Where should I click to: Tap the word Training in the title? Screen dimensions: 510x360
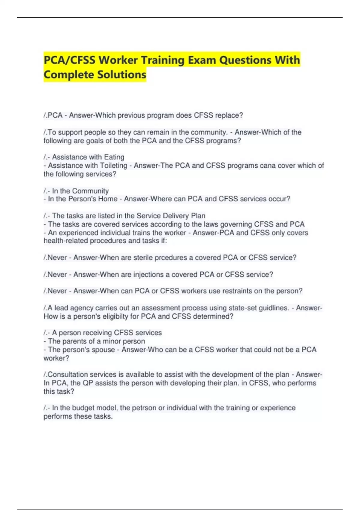[163, 60]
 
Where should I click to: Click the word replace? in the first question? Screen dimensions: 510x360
[229, 115]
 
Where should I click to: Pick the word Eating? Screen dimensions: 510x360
[114, 157]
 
